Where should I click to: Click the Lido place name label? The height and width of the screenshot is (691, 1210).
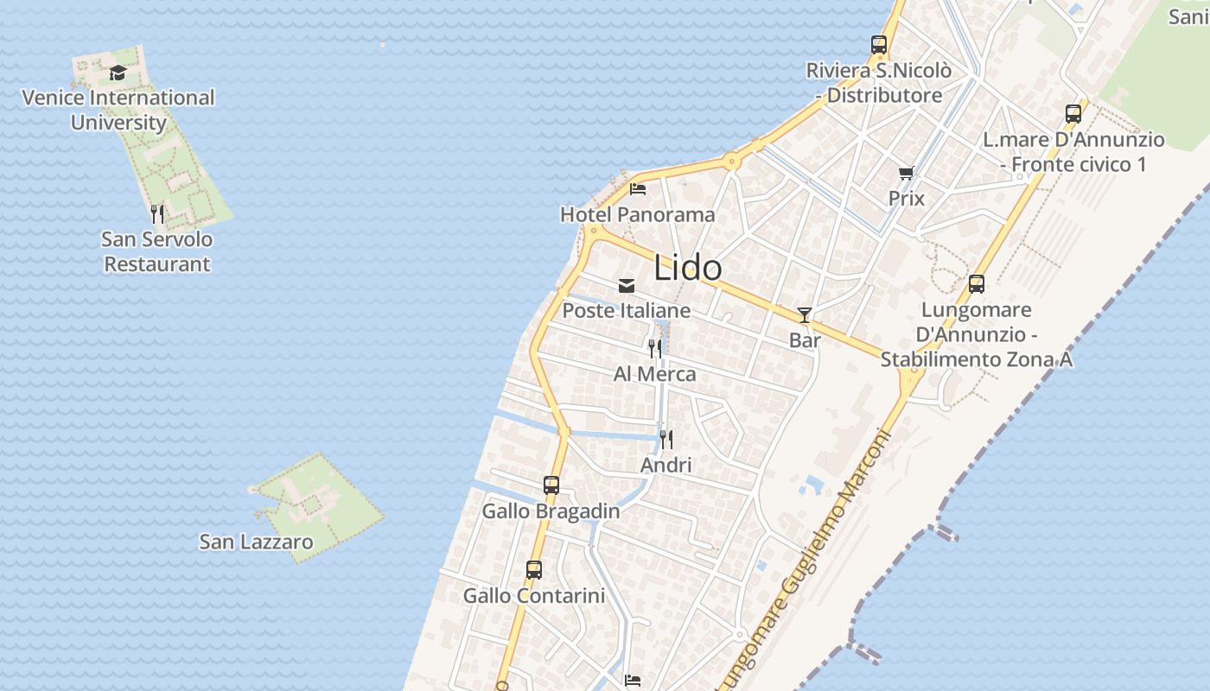tap(688, 267)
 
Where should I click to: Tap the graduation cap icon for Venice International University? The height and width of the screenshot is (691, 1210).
tap(118, 73)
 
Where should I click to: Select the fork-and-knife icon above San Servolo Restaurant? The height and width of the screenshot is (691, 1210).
tap(157, 213)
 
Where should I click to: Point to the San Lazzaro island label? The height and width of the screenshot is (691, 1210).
tap(256, 542)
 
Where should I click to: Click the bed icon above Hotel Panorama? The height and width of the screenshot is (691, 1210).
tap(638, 188)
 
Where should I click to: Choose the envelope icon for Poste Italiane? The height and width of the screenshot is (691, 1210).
tap(627, 285)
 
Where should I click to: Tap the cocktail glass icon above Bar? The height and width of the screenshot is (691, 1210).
tap(805, 315)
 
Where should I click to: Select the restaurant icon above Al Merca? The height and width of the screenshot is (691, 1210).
tap(655, 348)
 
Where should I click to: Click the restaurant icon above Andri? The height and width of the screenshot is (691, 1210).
tap(665, 440)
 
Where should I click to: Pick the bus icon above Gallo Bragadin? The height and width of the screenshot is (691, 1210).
tap(551, 485)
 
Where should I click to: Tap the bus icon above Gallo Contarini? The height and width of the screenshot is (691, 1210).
tap(534, 570)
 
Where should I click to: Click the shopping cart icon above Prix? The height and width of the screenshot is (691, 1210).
tap(906, 174)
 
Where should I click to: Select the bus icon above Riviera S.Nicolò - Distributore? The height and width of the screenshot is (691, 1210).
tap(879, 45)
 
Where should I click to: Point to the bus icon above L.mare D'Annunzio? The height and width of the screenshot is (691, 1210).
tap(1073, 114)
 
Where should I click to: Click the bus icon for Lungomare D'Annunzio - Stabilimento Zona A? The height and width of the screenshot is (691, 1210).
tap(977, 284)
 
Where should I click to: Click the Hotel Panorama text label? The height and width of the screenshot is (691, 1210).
tap(638, 214)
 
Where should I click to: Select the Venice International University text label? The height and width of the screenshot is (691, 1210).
tap(118, 110)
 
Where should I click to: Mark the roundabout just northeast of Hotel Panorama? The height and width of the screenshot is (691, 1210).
tap(732, 160)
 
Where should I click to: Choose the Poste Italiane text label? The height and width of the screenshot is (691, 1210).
tap(627, 310)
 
